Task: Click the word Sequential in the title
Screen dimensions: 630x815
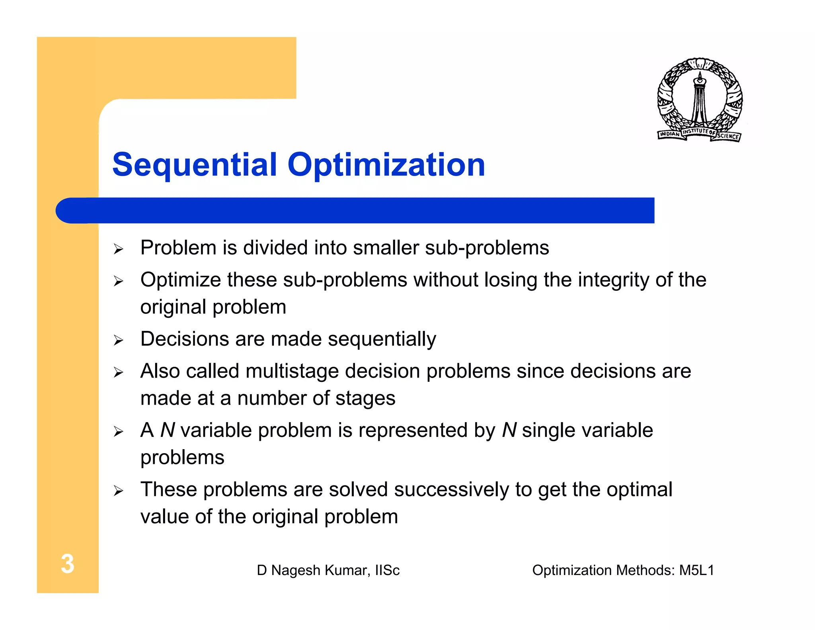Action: tap(194, 165)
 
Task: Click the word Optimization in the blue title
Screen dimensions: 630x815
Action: tap(386, 165)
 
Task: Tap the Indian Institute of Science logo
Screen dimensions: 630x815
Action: tap(699, 100)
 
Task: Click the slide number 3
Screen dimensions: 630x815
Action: tap(67, 564)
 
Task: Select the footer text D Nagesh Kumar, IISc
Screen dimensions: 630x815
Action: tap(328, 570)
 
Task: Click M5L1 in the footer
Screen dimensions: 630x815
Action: tap(696, 570)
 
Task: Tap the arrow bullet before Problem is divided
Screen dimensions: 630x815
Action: tap(118, 249)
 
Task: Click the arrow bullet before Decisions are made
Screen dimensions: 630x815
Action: tap(118, 340)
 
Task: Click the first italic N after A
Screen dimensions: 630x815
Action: tap(168, 430)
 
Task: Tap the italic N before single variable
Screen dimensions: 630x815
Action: tap(509, 430)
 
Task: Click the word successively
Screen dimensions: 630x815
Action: tap(451, 489)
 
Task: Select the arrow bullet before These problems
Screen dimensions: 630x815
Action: tap(118, 491)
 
